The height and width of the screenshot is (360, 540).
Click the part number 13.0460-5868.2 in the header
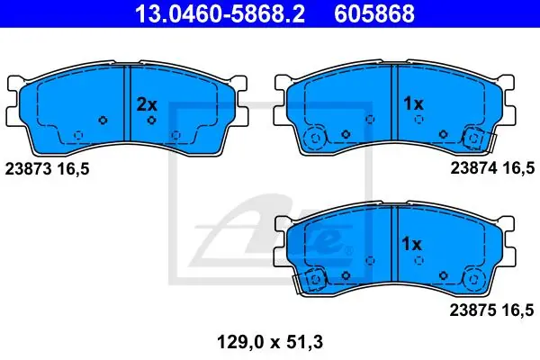tap(220, 13)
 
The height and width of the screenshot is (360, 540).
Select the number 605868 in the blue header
tap(374, 13)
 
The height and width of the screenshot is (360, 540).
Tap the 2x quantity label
tap(147, 104)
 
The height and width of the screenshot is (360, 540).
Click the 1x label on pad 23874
tap(413, 103)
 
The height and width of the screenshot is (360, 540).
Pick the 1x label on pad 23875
tap(411, 244)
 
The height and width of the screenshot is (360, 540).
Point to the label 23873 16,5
tap(47, 169)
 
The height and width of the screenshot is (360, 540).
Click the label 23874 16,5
tap(492, 168)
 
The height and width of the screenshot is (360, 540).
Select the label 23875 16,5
tap(491, 310)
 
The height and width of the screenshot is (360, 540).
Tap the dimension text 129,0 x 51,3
tap(270, 342)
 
